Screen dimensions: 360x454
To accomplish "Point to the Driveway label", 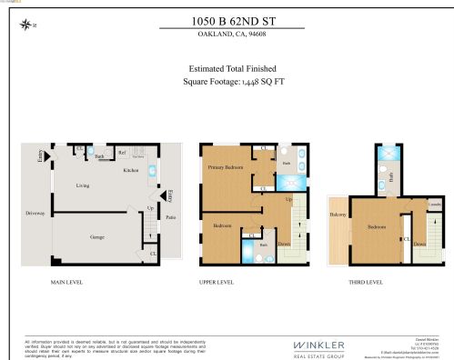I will point(35,214).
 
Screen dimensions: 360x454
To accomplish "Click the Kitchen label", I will point(130,170).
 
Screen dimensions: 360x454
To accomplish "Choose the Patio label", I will point(171,217).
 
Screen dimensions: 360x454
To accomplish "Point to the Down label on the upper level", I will point(284,244).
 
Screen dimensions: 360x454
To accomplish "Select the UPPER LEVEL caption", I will point(216,283).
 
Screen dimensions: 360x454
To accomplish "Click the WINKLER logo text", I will point(318,344).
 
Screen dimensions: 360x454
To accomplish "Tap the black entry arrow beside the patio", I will point(164,195).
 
